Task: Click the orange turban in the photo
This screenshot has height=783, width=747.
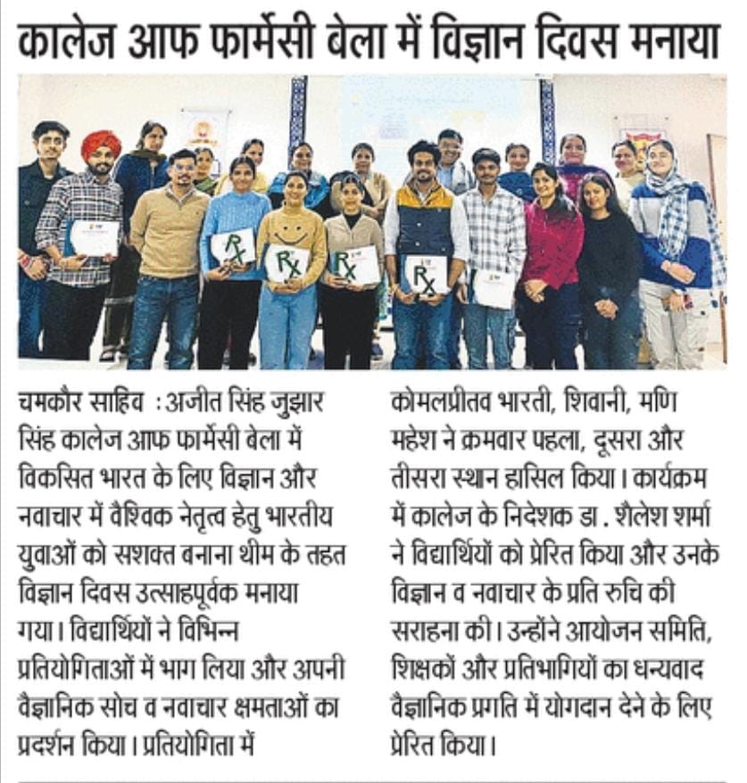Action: pyautogui.click(x=99, y=143)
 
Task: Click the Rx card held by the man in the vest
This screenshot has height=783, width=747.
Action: pyautogui.click(x=425, y=274)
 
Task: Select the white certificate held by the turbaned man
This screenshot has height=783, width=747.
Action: pyautogui.click(x=94, y=238)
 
